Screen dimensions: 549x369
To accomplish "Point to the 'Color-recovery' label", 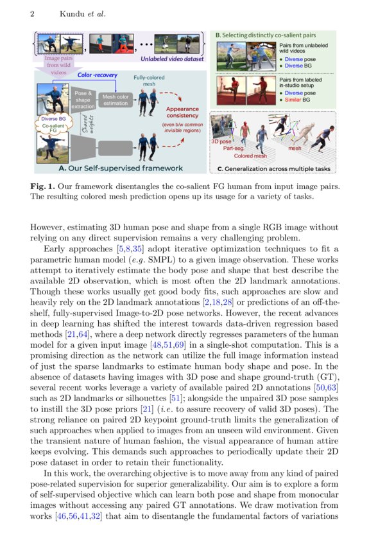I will tap(94, 75).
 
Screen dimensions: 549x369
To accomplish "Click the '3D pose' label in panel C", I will tap(222, 140).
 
